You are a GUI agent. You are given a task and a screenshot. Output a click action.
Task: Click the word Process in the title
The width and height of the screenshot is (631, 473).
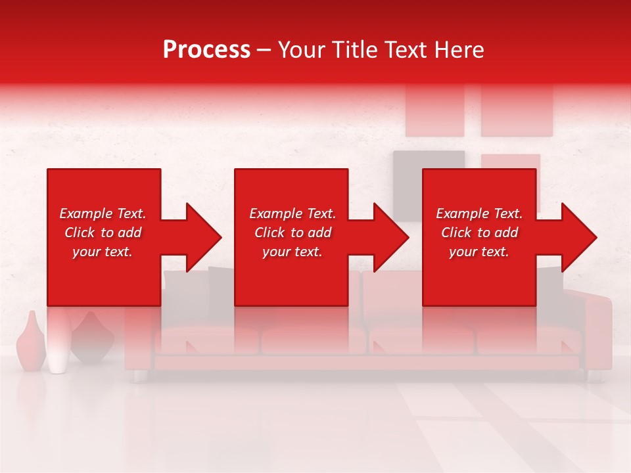pyautogui.click(x=206, y=50)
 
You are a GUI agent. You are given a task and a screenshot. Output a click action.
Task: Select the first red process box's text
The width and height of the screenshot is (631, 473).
pyautogui.click(x=103, y=233)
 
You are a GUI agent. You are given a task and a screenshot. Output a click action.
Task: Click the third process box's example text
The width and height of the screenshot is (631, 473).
pyautogui.click(x=479, y=233)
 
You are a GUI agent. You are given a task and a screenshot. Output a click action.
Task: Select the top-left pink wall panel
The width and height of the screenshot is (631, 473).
pyautogui.click(x=434, y=110)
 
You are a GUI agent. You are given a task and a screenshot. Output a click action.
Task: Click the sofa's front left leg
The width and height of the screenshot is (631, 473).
pyautogui.click(x=139, y=376)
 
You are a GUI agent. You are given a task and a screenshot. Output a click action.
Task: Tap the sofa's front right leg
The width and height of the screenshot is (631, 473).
pyautogui.click(x=594, y=376)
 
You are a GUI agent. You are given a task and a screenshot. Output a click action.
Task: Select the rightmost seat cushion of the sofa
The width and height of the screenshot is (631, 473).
pyautogui.click(x=529, y=340)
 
